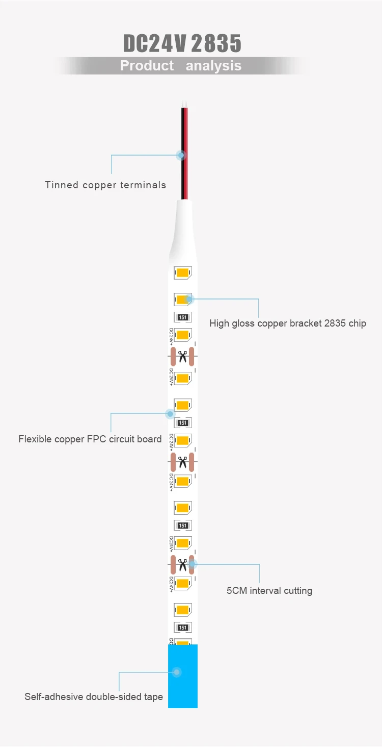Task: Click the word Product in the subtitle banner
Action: (147, 66)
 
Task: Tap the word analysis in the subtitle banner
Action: (213, 66)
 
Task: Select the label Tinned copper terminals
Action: (105, 185)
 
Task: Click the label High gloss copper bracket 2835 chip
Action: (288, 323)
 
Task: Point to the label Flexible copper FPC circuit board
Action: (90, 439)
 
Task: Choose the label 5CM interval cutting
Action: (269, 591)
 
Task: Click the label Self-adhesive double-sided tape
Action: (94, 696)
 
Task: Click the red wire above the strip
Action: (184, 128)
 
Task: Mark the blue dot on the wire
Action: (180, 155)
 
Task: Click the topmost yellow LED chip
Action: (182, 273)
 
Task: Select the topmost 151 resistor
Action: (183, 317)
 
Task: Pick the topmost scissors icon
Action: (183, 356)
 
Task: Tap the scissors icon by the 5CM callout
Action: (182, 564)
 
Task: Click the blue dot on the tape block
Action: (177, 672)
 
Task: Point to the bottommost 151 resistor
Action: (183, 628)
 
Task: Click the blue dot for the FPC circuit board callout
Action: (170, 414)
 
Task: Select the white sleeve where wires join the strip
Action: (183, 230)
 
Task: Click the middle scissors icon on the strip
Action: (183, 462)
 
